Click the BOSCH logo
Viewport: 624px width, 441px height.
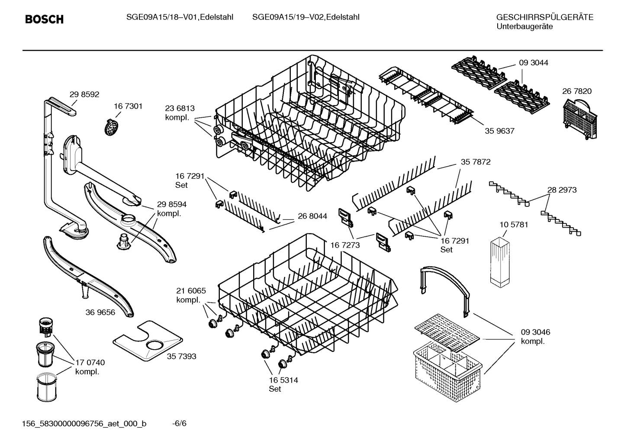pyautogui.click(x=44, y=19)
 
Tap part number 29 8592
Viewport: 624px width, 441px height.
pyautogui.click(x=84, y=94)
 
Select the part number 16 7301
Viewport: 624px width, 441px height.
pyautogui.click(x=128, y=106)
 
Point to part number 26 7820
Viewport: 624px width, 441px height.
pyautogui.click(x=577, y=91)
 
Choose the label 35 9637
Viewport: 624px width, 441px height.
pyautogui.click(x=499, y=131)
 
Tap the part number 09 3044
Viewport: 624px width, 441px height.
pyautogui.click(x=534, y=63)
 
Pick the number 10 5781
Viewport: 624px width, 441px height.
pyautogui.click(x=514, y=225)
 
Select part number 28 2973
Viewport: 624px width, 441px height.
pyautogui.click(x=562, y=190)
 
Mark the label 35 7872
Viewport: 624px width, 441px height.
pyautogui.click(x=476, y=162)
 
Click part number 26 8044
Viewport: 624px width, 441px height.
pyautogui.click(x=312, y=216)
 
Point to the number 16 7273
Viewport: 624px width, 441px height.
pyautogui.click(x=345, y=245)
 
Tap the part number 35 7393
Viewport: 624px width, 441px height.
pyautogui.click(x=182, y=356)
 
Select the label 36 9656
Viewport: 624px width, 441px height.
pyautogui.click(x=100, y=312)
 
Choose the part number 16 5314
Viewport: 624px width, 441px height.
pyautogui.click(x=283, y=380)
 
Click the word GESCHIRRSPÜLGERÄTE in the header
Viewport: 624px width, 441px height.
pyautogui.click(x=544, y=17)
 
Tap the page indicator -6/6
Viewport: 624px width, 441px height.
pyautogui.click(x=179, y=423)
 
